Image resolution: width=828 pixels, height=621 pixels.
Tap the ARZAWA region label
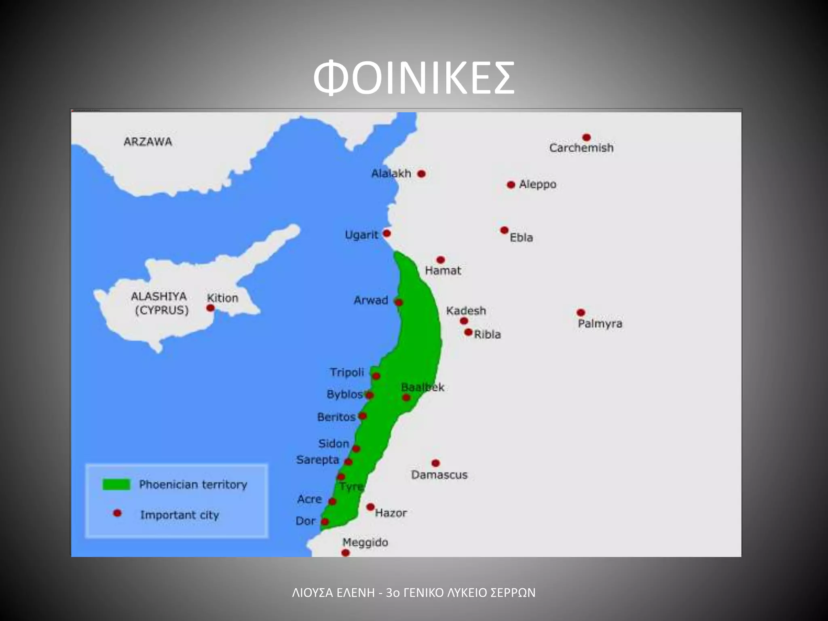click(148, 142)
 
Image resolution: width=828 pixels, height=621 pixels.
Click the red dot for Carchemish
click(587, 137)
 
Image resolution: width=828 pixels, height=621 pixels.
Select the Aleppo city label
click(537, 184)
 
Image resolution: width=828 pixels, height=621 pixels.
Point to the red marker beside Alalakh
click(421, 174)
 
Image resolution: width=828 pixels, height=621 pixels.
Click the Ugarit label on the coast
click(361, 235)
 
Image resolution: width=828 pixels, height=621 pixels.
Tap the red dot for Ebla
click(504, 230)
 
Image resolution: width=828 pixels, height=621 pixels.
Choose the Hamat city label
click(443, 270)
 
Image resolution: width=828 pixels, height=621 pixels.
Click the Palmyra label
click(600, 324)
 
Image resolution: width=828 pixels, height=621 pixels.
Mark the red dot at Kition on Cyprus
click(210, 308)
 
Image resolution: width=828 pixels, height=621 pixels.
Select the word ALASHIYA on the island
click(158, 296)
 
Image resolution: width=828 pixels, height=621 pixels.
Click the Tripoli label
click(347, 372)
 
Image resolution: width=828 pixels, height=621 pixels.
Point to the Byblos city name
click(344, 394)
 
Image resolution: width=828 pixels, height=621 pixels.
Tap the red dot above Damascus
click(435, 463)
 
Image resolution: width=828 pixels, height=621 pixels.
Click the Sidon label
click(334, 444)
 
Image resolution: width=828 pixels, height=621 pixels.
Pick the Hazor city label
click(391, 513)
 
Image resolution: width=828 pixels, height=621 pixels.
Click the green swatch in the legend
click(116, 484)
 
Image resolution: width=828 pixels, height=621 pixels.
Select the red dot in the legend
click(117, 513)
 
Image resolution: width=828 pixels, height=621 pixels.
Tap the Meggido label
click(365, 542)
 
